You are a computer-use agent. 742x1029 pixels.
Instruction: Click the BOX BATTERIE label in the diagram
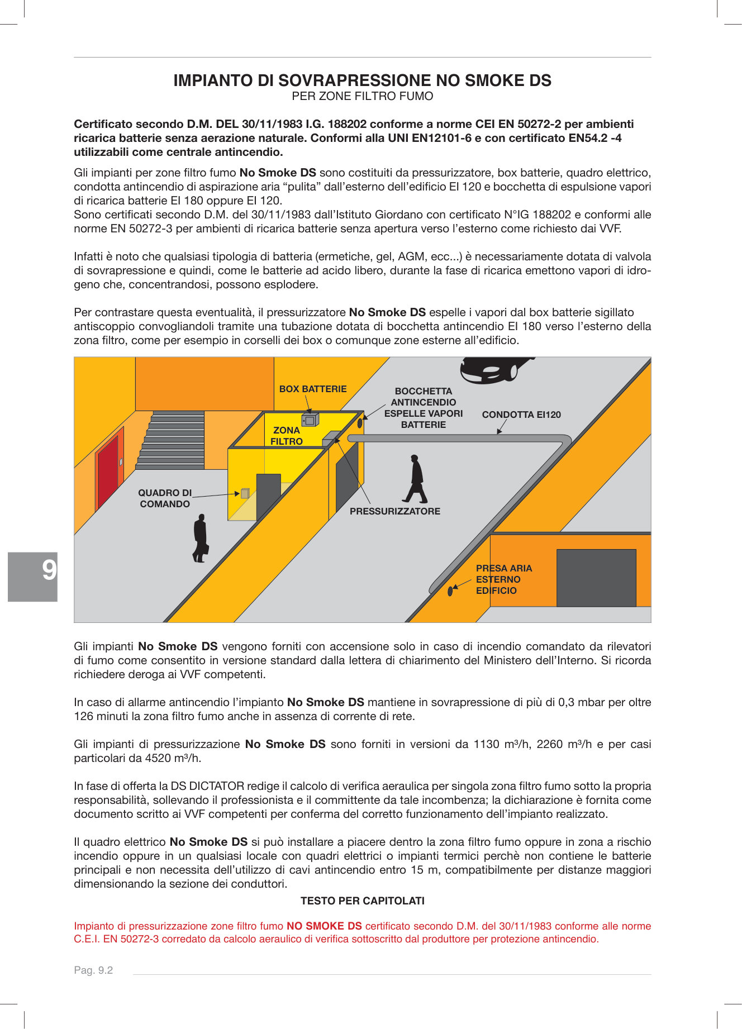(x=313, y=389)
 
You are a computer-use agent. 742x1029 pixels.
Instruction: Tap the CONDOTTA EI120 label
(x=521, y=415)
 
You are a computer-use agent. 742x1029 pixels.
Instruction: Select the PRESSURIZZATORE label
(x=394, y=511)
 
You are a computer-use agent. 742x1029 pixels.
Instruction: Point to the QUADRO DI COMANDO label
(x=165, y=498)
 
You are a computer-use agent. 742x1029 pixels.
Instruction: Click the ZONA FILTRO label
(x=286, y=436)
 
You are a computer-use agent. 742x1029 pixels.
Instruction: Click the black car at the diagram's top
(x=492, y=369)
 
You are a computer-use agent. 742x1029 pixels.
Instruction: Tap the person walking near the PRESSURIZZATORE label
(x=416, y=479)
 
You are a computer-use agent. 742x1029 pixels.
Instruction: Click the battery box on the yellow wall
(x=310, y=420)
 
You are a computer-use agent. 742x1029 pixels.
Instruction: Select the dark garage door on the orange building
(x=596, y=578)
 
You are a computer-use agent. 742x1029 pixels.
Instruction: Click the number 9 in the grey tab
(x=49, y=570)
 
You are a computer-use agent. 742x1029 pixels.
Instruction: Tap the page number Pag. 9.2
(x=93, y=970)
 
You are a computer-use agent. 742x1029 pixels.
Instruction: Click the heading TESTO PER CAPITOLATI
(x=362, y=901)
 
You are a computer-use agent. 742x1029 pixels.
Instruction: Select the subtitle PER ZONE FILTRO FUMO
(x=362, y=96)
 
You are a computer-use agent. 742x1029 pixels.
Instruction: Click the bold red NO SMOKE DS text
(x=324, y=926)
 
